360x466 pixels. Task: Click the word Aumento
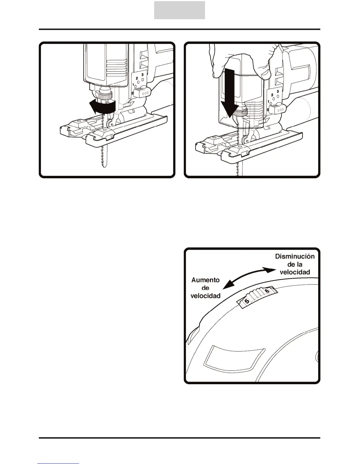(206, 280)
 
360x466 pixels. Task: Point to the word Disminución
(295, 256)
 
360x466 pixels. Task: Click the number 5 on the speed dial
(247, 301)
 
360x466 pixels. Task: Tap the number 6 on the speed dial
(267, 291)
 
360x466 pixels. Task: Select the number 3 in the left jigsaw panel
(142, 74)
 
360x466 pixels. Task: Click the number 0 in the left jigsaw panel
(133, 93)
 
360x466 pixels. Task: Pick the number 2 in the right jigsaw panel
(272, 95)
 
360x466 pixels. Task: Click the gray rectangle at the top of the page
(179, 10)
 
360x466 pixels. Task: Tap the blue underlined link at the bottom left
(58, 464)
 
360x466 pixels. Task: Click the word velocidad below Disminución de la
(295, 272)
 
